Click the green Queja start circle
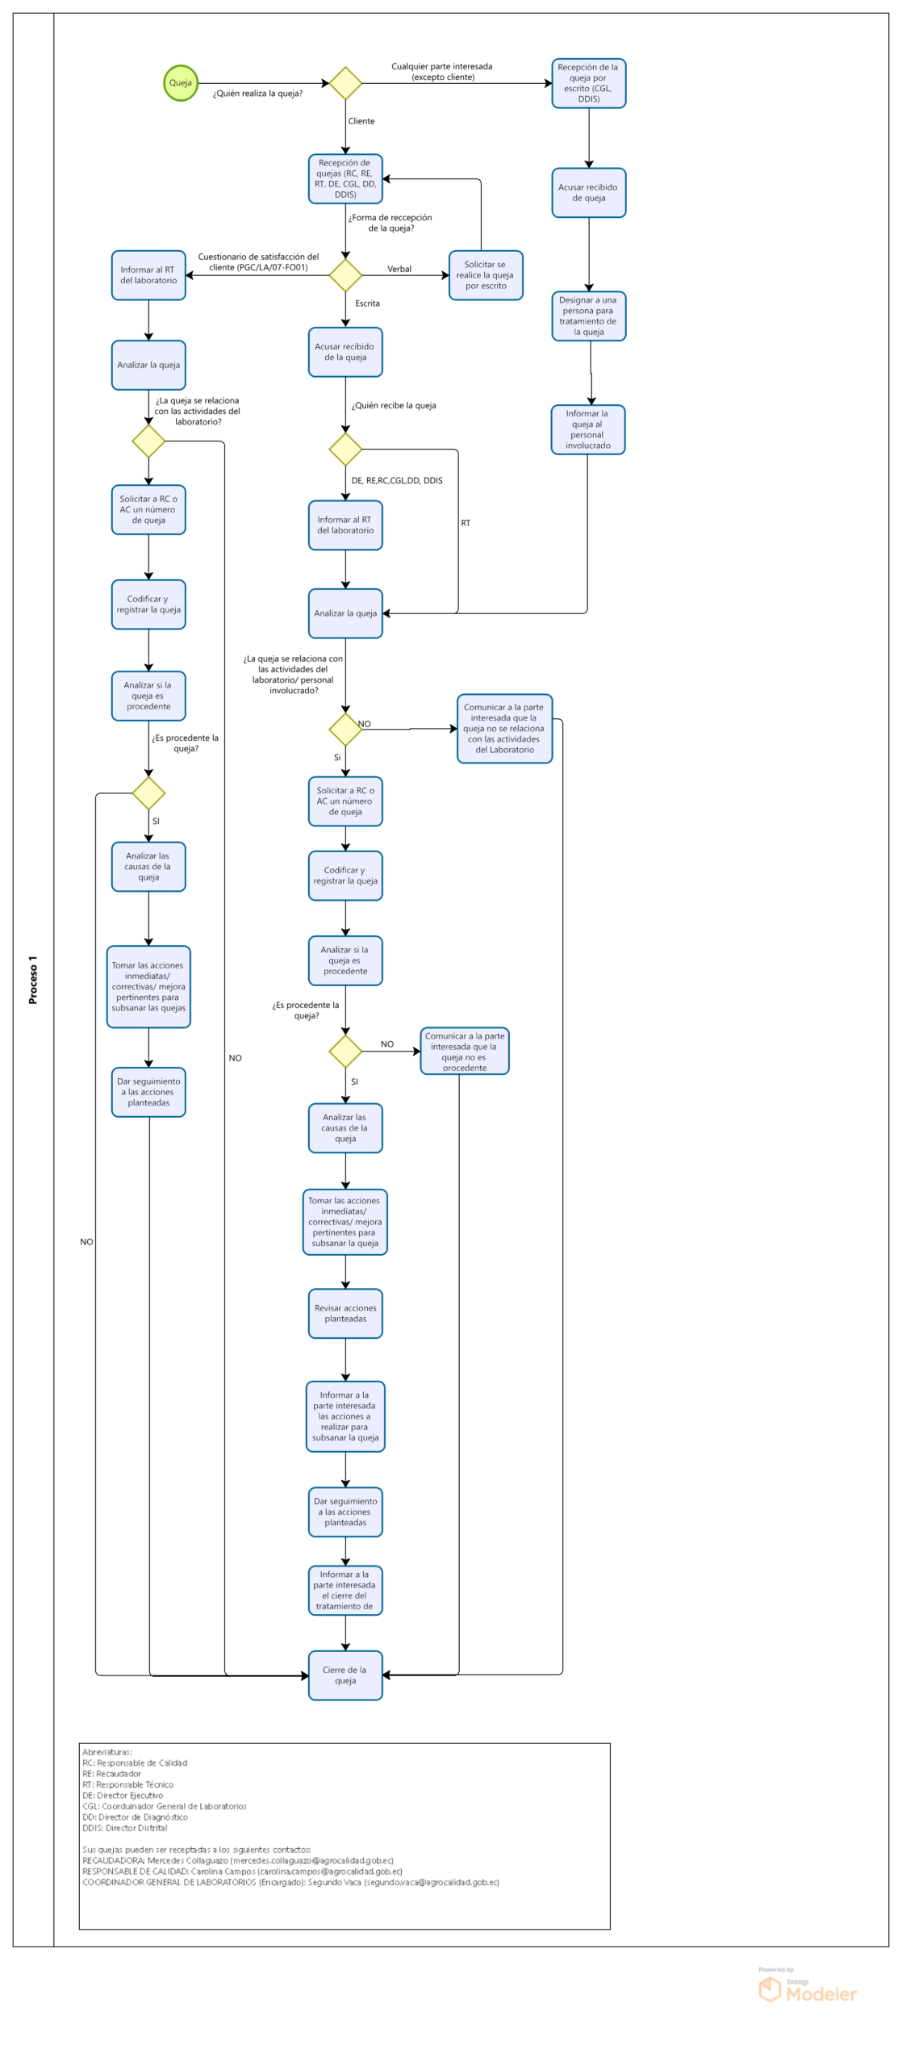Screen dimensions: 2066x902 coord(181,83)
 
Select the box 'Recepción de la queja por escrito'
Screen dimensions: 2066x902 coord(588,83)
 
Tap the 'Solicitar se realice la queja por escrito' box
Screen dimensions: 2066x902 coord(486,275)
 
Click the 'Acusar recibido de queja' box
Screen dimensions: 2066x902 coord(588,193)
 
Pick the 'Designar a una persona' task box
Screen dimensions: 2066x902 coord(588,316)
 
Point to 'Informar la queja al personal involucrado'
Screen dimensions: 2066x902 coord(587,429)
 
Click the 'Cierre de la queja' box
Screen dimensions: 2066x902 coord(345,1675)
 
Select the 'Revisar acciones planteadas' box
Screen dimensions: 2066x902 coord(345,1313)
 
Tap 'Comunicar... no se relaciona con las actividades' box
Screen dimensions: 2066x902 coord(504,728)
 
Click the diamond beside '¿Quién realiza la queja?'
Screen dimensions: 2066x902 coord(345,83)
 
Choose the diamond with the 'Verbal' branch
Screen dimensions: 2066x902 coord(345,275)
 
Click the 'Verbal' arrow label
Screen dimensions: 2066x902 coord(399,269)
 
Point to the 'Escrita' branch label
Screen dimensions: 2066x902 coord(367,303)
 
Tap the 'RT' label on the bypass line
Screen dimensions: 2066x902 coord(466,523)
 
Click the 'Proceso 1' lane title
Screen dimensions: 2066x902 coord(33,979)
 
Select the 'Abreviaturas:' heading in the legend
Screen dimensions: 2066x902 coord(107,1751)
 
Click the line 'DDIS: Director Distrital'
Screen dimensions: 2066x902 coord(125,1827)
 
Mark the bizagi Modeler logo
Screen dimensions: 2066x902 coord(808,1989)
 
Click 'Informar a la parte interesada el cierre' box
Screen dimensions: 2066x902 coord(345,1590)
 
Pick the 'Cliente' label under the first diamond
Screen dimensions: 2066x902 coord(361,121)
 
